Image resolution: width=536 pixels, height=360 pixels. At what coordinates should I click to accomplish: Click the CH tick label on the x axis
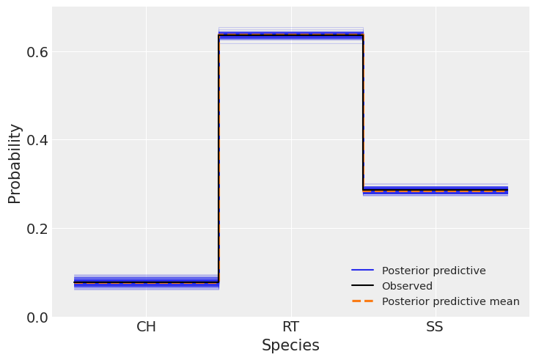[x=146, y=327]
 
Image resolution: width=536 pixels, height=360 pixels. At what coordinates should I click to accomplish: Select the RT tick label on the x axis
[x=290, y=327]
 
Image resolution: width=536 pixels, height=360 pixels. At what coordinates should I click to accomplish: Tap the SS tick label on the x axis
[x=435, y=327]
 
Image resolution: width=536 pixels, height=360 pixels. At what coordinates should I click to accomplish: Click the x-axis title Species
[x=290, y=345]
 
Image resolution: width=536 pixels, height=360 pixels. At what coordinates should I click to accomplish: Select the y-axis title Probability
[x=15, y=163]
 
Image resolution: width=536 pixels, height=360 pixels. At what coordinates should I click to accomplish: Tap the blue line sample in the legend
[x=363, y=271]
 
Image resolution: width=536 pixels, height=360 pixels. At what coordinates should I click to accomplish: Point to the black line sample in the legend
[x=363, y=286]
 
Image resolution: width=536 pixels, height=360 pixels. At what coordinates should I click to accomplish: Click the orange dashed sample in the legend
[x=363, y=301]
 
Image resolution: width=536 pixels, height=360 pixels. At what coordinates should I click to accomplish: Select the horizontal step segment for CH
[x=146, y=282]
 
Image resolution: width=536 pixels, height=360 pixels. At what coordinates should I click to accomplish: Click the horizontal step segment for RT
[x=290, y=34]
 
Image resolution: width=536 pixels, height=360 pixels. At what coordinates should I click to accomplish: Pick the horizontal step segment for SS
[x=435, y=191]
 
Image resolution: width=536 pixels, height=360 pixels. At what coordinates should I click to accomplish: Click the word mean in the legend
[x=506, y=301]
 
